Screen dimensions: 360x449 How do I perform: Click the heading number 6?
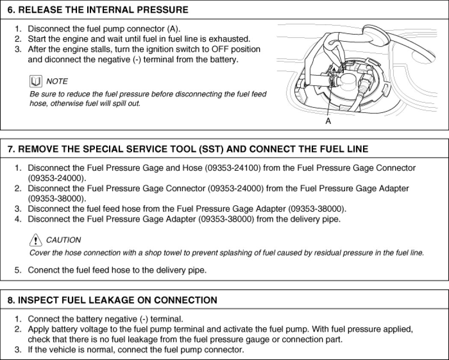(x=11, y=9)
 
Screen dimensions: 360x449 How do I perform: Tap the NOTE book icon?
(x=35, y=81)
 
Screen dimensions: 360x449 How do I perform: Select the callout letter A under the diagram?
(x=328, y=122)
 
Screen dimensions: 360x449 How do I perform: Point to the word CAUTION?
(x=63, y=240)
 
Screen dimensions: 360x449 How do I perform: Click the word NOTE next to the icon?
(x=57, y=81)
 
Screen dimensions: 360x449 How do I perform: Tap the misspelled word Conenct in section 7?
(x=42, y=270)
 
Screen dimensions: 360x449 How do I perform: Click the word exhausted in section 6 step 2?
(x=232, y=39)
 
